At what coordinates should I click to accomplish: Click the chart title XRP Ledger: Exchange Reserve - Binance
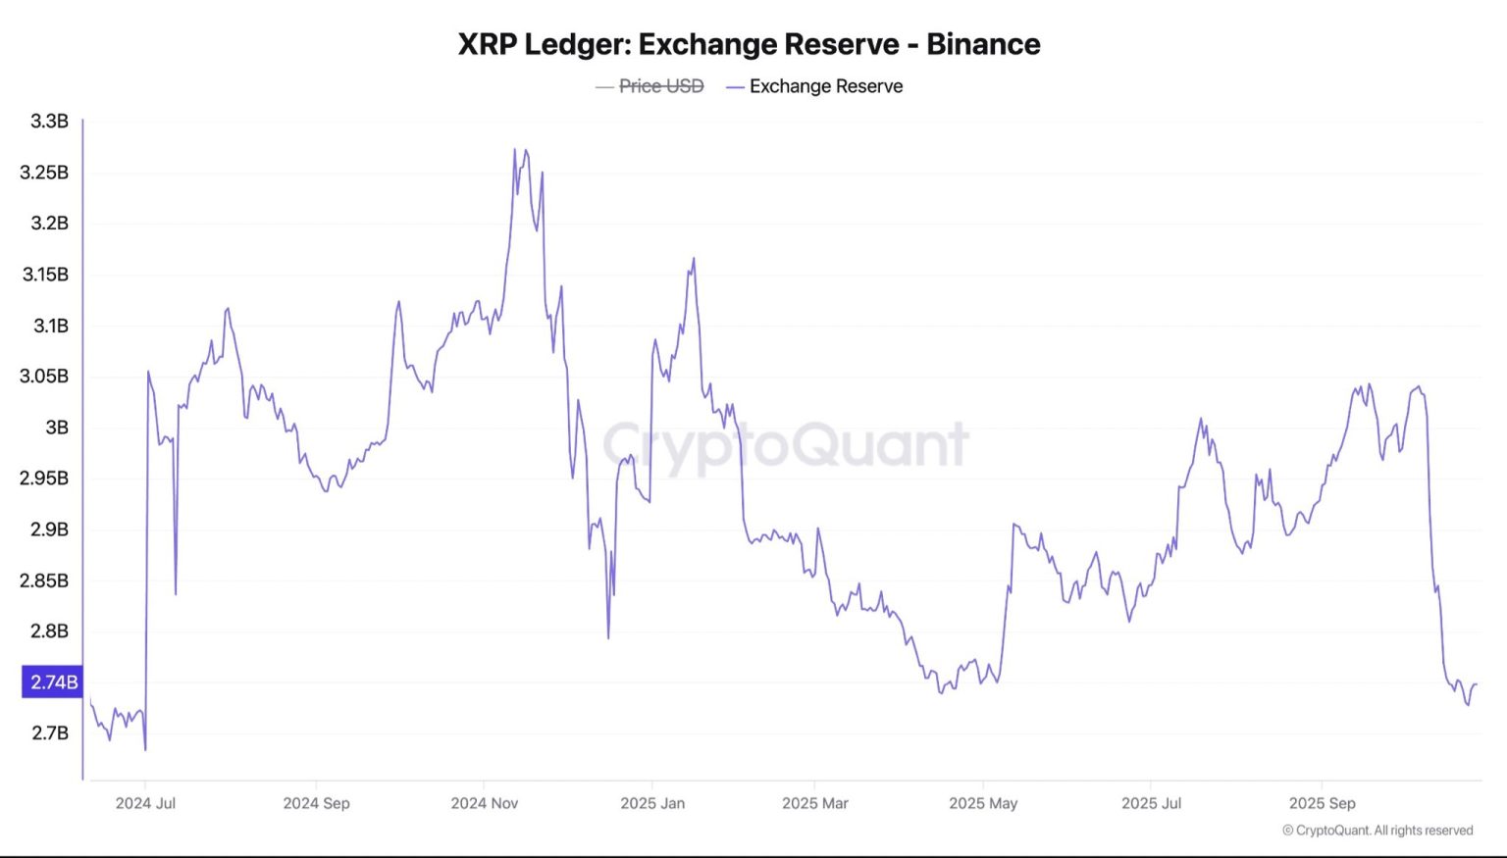(749, 44)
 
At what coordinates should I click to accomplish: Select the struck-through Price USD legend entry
(660, 86)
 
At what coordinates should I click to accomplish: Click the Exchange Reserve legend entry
(825, 86)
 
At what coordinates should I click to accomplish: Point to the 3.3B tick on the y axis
(49, 122)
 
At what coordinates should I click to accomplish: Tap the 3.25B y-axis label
(44, 173)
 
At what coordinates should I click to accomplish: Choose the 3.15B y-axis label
(45, 275)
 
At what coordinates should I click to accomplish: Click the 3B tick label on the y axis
(57, 428)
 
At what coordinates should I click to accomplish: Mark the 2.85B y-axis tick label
(44, 580)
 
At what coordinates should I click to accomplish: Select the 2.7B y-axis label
(50, 733)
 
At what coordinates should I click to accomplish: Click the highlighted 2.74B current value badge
(53, 682)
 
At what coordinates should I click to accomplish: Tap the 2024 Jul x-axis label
(145, 803)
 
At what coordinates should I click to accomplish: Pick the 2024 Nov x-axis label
(484, 803)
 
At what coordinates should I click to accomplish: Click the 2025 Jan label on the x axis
(652, 803)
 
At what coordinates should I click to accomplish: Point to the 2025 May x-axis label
(983, 803)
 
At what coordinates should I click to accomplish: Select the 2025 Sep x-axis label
(1322, 803)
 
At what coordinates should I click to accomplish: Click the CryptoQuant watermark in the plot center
(785, 444)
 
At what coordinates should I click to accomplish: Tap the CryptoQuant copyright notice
(1377, 831)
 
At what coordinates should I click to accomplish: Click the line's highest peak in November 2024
(514, 150)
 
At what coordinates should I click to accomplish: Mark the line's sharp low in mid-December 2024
(608, 637)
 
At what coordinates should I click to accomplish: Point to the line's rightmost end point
(1476, 684)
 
